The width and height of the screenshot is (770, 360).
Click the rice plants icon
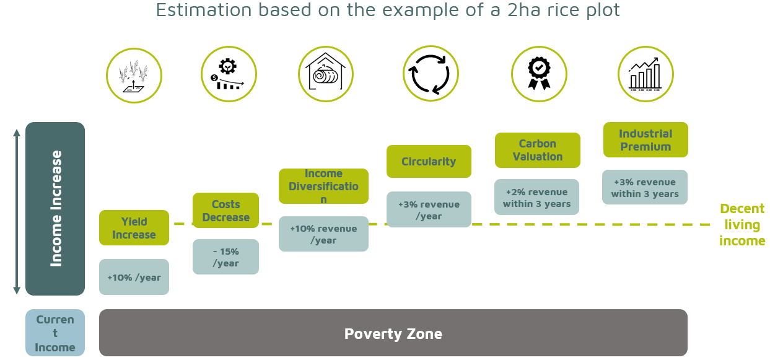pos(134,76)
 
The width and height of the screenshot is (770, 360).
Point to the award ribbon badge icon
pos(539,74)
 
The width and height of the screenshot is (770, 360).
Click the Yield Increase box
pos(134,227)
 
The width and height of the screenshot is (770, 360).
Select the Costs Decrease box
pos(225,211)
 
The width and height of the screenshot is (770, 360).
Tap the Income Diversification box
pos(323,186)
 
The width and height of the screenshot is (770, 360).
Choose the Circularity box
pos(429,161)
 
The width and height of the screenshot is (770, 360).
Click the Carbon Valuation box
pos(537,150)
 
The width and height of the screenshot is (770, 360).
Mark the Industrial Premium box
pos(645,139)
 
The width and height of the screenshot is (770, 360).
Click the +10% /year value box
pos(134,277)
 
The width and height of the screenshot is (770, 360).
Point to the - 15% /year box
pos(225,257)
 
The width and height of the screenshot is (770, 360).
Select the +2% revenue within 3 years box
pos(536,197)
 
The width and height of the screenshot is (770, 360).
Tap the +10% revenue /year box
pos(323,234)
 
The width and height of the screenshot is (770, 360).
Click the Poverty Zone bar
pos(393,333)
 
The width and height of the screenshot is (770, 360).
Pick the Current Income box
pos(55,333)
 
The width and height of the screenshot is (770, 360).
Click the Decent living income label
pos(742,224)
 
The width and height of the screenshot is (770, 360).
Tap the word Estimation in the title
pos(204,10)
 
